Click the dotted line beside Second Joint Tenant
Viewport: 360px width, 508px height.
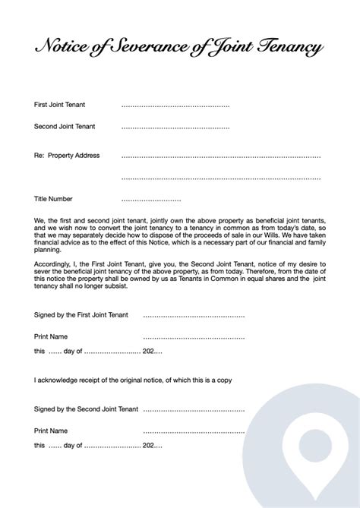pyautogui.click(x=175, y=127)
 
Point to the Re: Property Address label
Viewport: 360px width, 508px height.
pyautogui.click(x=67, y=156)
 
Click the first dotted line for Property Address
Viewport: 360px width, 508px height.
pyautogui.click(x=220, y=156)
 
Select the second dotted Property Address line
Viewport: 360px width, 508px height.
pyautogui.click(x=220, y=178)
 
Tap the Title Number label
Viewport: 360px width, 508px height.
pyautogui.click(x=53, y=199)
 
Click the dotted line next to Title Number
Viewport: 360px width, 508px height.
pyautogui.click(x=150, y=199)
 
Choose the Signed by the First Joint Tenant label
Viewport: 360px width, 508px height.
pyautogui.click(x=81, y=314)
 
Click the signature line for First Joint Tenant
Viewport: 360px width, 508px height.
pyautogui.click(x=194, y=314)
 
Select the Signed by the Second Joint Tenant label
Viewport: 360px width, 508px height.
pyautogui.click(x=86, y=409)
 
